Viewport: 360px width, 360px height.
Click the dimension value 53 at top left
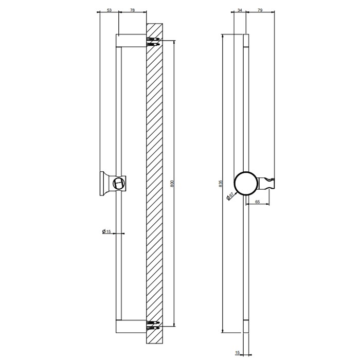tap(109, 10)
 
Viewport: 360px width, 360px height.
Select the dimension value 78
tap(133, 10)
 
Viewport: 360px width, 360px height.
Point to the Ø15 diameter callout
tap(107, 232)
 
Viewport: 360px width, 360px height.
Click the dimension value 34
tap(240, 10)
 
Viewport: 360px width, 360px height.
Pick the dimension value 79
tap(260, 10)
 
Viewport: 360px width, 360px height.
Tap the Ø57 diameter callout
tap(232, 196)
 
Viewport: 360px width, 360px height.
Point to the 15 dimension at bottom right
tap(238, 352)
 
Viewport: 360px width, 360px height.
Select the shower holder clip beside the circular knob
tap(269, 183)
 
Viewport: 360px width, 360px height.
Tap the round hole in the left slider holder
tap(120, 183)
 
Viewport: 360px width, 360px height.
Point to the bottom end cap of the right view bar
tap(246, 326)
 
